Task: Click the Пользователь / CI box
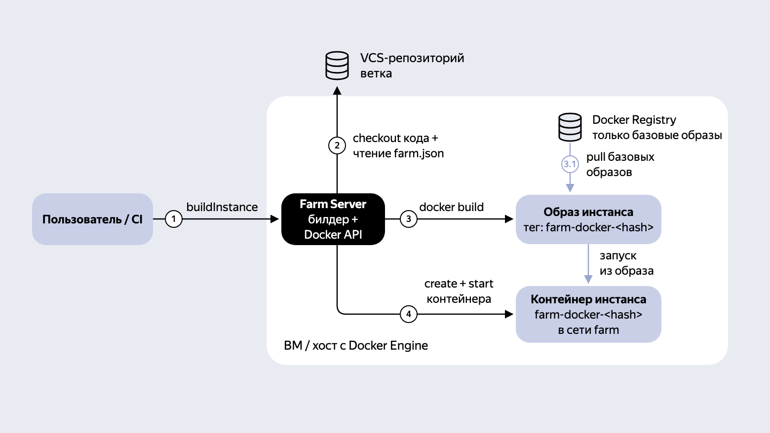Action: [92, 219]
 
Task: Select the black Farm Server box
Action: [333, 219]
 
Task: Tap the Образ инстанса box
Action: [588, 219]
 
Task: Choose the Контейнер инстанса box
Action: [588, 314]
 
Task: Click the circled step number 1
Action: [174, 219]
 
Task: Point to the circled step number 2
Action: [337, 145]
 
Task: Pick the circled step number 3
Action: [408, 219]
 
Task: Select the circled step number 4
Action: [408, 314]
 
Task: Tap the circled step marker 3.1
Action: [570, 164]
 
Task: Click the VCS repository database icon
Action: [337, 66]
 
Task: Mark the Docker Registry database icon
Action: [570, 127]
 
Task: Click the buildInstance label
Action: [222, 207]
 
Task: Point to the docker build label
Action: [451, 207]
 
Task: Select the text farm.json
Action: [419, 153]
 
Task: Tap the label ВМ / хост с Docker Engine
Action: [356, 345]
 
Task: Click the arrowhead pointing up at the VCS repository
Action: [337, 91]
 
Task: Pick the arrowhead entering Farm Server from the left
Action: [274, 219]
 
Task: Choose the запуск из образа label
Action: [627, 263]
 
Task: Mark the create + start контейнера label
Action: [459, 291]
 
